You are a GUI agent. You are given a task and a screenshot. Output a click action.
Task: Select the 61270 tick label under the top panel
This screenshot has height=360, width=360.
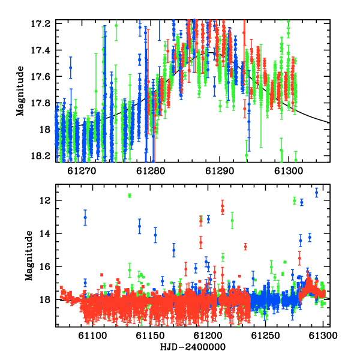point(82,171)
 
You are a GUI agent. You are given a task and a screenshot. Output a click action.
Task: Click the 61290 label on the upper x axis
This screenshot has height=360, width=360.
point(220,171)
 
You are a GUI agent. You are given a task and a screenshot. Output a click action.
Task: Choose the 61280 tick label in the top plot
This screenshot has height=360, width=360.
point(151,171)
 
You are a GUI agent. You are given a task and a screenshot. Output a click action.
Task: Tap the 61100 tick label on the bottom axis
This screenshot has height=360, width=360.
point(92,335)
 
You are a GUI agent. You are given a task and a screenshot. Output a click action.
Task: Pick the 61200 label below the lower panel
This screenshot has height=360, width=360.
point(208,335)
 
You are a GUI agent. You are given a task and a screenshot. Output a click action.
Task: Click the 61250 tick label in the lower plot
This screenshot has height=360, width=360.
point(265,335)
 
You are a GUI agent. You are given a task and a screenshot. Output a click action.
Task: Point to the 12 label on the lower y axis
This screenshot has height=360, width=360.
point(45,200)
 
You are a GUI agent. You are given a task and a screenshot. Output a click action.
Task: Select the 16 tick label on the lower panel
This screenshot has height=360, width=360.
point(45,266)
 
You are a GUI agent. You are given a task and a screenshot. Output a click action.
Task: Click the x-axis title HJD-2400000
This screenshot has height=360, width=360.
point(193,347)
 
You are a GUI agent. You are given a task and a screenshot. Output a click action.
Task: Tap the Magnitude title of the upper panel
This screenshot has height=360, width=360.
point(20,91)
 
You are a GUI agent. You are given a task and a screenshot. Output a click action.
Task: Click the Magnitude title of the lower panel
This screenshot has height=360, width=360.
point(29,256)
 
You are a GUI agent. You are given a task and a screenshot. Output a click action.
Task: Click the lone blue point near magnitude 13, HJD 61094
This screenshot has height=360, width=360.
point(85,217)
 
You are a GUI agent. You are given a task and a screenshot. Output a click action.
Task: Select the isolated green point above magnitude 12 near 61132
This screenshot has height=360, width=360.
point(130,196)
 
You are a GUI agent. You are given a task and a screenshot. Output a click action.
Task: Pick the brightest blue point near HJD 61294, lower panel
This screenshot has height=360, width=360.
point(317,193)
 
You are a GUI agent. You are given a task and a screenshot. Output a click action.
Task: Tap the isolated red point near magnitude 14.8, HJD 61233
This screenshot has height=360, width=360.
point(245,247)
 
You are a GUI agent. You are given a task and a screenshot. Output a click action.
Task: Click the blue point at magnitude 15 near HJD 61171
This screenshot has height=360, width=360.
point(174,250)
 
